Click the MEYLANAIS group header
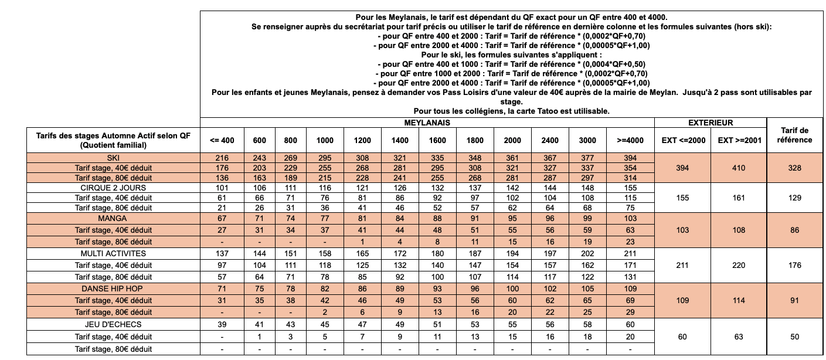click(x=427, y=123)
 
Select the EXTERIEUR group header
click(x=711, y=123)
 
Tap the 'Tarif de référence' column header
click(x=794, y=135)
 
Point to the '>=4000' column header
click(x=631, y=140)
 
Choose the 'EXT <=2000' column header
click(x=682, y=140)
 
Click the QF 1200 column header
click(x=362, y=140)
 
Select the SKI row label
click(x=114, y=158)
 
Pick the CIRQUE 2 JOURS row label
click(x=114, y=188)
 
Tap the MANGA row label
click(x=114, y=218)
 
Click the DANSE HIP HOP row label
click(x=114, y=289)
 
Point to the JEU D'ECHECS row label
click(x=114, y=324)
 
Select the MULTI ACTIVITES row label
click(x=114, y=253)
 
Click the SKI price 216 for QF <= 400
click(x=222, y=158)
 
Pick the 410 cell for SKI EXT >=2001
click(x=739, y=168)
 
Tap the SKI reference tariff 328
click(x=794, y=168)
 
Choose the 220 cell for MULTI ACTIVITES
click(x=739, y=265)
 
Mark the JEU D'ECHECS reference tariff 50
click(x=794, y=336)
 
